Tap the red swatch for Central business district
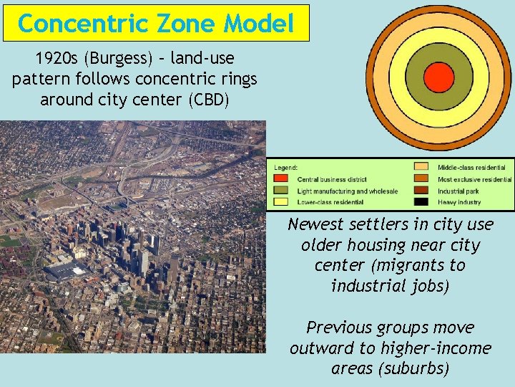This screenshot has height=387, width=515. point(281,179)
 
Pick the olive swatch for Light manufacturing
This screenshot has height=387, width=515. point(281,191)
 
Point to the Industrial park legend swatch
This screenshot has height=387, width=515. point(422,191)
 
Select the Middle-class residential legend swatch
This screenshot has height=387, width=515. point(422,167)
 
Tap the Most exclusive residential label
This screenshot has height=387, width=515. point(474,179)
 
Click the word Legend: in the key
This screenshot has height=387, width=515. point(285,167)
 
